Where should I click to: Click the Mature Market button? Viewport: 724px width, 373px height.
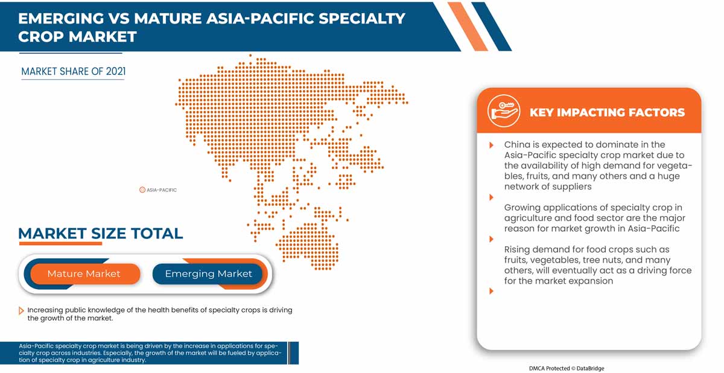pyautogui.click(x=84, y=273)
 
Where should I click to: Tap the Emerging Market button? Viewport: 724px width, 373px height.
pyautogui.click(x=208, y=273)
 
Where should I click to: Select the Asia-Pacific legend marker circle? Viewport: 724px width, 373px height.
pyautogui.click(x=142, y=190)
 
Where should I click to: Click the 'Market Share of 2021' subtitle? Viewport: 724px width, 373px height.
pyautogui.click(x=73, y=71)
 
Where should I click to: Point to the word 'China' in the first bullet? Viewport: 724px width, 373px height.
pyautogui.click(x=517, y=145)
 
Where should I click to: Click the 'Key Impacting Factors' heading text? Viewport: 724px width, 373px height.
pyautogui.click(x=606, y=112)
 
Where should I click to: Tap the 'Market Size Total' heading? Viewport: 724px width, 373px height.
pyautogui.click(x=100, y=233)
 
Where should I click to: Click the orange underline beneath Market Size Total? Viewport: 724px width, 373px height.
pyautogui.click(x=60, y=244)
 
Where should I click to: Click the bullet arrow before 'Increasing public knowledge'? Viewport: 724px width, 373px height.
pyautogui.click(x=21, y=310)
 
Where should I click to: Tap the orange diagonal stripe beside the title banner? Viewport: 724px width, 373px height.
pyautogui.click(x=469, y=27)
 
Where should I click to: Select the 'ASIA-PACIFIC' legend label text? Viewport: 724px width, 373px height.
pyautogui.click(x=162, y=190)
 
